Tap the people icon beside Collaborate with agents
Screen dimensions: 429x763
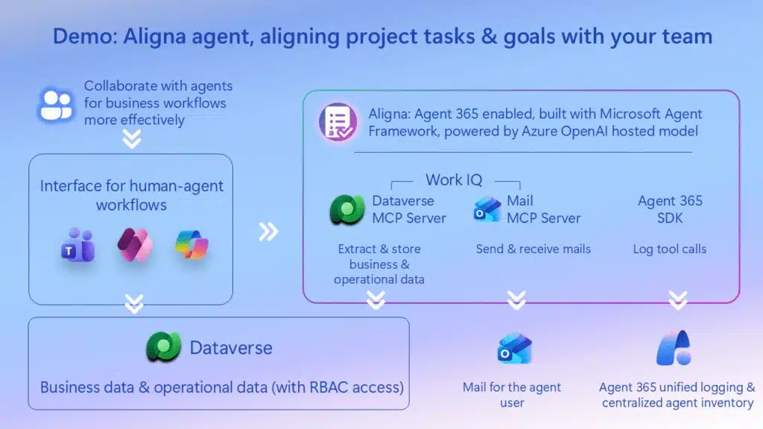click(x=57, y=104)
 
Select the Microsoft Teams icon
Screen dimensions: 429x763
click(x=77, y=247)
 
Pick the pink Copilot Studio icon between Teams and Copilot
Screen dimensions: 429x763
click(x=135, y=245)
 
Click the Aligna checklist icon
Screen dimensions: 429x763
click(x=338, y=121)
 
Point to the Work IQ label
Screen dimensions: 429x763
click(x=454, y=179)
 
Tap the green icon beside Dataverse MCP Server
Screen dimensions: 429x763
click(x=347, y=210)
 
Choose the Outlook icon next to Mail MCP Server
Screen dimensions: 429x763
click(x=487, y=210)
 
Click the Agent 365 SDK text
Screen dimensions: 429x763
click(x=670, y=209)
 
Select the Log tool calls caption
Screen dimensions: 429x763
click(x=670, y=249)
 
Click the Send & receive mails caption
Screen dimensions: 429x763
click(x=533, y=249)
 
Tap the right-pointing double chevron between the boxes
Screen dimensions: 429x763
click(x=268, y=232)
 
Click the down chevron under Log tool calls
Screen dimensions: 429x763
click(x=677, y=299)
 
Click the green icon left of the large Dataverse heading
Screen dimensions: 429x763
click(x=163, y=347)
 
